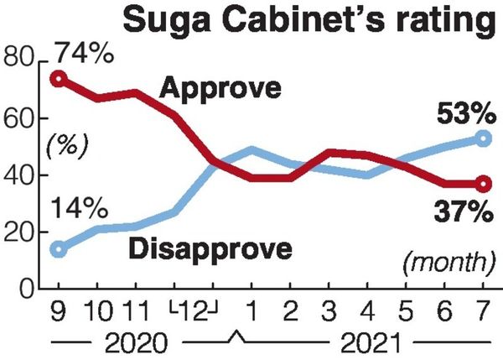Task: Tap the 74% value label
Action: (84, 55)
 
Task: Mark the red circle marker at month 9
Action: (58, 79)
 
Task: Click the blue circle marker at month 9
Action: (58, 248)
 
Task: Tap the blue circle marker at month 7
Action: (482, 138)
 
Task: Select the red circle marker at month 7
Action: (482, 184)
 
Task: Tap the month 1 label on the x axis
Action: (251, 313)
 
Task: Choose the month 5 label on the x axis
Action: (405, 313)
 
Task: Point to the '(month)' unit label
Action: (444, 263)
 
